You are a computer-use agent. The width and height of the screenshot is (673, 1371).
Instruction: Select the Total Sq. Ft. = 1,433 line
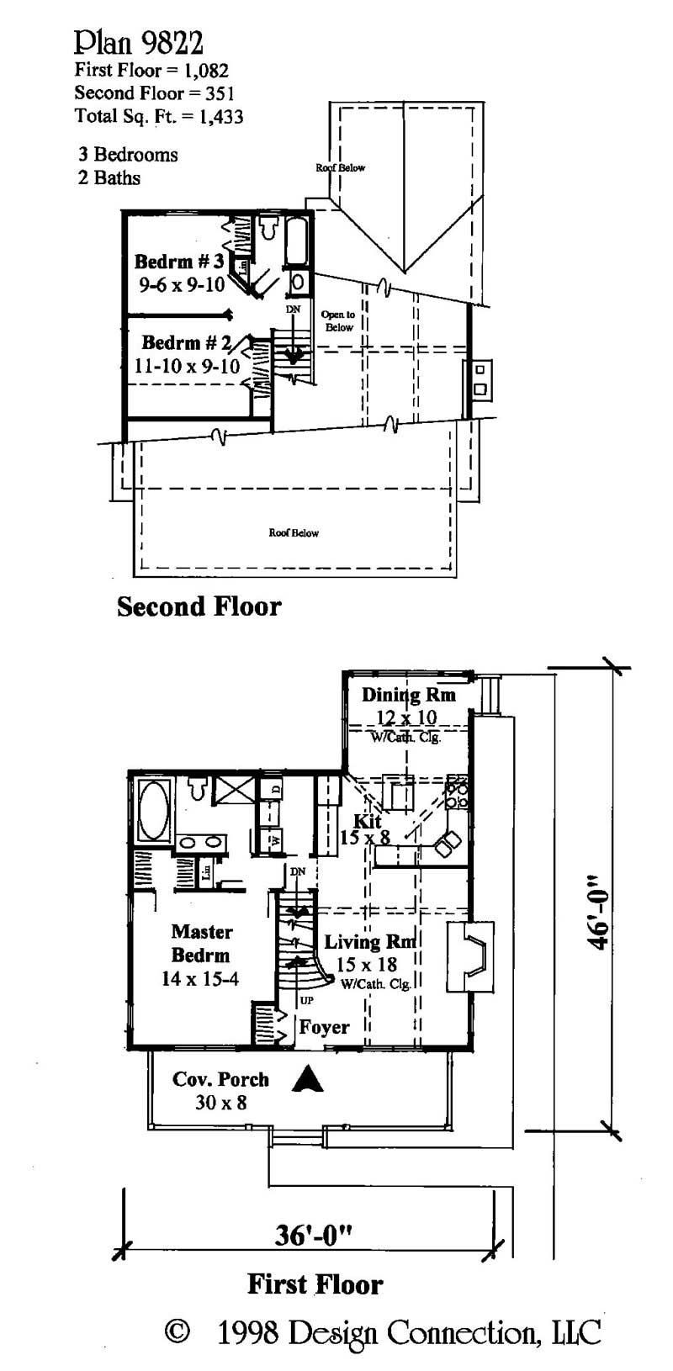pos(159,116)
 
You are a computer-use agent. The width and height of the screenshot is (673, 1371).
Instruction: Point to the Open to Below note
pos(338,320)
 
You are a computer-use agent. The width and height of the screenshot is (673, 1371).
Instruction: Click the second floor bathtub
pos(299,242)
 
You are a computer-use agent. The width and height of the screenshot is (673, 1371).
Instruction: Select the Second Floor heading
pos(199,606)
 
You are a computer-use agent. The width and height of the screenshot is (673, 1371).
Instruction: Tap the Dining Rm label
pos(408,695)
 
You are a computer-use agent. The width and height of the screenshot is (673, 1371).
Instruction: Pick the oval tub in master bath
pos(152,809)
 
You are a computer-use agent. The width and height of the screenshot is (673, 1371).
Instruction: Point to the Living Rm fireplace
pos(469,956)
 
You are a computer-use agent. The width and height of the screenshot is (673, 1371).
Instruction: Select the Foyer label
pos(324,1027)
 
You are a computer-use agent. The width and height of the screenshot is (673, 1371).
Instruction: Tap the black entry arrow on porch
pos(308,1078)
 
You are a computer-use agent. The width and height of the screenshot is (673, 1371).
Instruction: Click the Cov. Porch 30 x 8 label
pos(220,1090)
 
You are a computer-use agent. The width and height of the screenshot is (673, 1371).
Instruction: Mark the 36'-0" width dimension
pos(313,1235)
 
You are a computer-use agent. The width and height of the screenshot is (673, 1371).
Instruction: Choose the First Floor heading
pos(315,1284)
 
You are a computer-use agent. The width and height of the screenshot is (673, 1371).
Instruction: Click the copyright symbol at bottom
pos(176,1332)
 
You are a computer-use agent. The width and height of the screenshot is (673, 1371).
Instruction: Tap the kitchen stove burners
pos(457,795)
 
